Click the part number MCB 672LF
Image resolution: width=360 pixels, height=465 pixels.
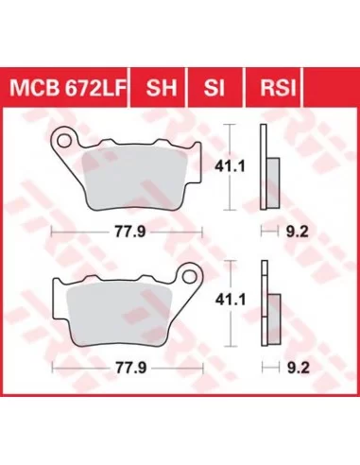point(68,88)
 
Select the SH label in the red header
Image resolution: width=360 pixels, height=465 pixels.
point(162,88)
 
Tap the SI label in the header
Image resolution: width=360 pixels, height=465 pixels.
point(214,88)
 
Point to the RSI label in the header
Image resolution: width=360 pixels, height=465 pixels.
point(278,88)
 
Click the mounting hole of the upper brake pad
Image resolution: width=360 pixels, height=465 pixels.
point(64,141)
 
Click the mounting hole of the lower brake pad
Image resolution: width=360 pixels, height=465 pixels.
point(189,277)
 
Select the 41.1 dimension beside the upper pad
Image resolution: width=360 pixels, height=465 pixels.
point(230,166)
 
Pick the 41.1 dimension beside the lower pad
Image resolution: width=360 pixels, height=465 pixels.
point(231,300)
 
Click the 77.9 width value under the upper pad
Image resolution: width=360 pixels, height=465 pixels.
point(129,232)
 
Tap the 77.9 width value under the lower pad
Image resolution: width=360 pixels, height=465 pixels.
point(130,368)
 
